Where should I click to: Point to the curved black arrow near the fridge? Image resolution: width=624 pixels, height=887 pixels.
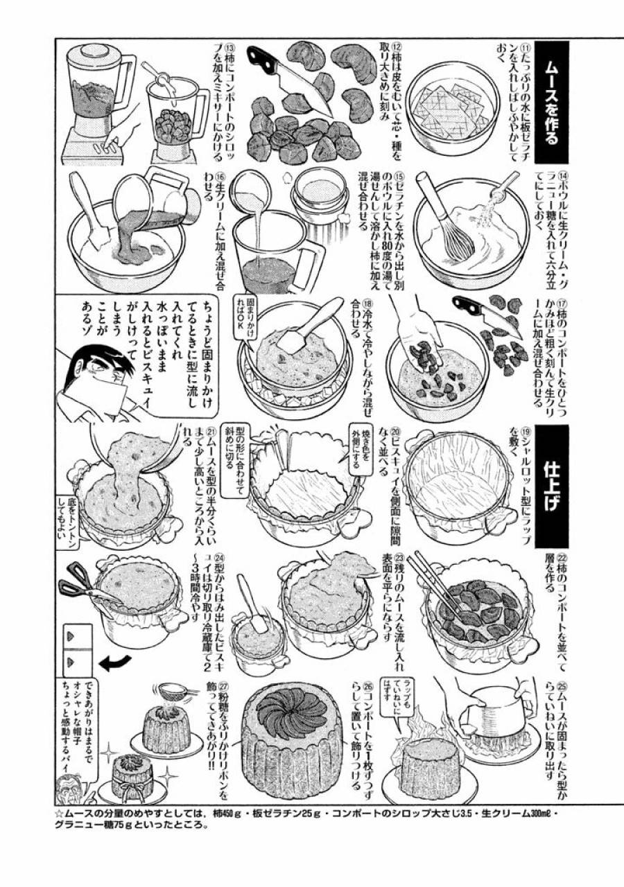(x=115, y=665)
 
